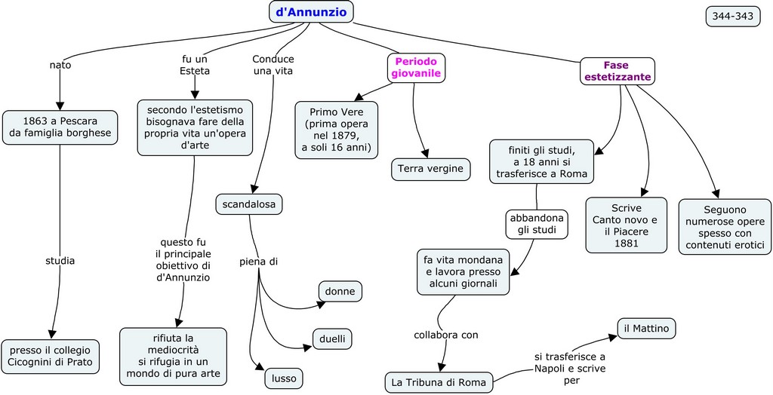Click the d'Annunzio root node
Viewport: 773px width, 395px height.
click(x=311, y=11)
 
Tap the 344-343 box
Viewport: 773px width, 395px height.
click(x=733, y=17)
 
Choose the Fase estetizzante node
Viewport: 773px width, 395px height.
click(x=617, y=71)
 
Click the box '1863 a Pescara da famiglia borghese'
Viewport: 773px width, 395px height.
click(x=60, y=127)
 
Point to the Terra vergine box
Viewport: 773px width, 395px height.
click(x=430, y=169)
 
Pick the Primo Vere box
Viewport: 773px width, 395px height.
click(x=337, y=130)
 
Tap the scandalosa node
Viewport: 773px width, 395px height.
click(x=248, y=204)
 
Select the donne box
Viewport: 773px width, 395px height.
click(x=340, y=291)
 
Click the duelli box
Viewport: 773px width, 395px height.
click(x=332, y=339)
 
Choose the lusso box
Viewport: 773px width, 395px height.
click(x=284, y=378)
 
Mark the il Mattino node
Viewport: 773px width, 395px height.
click(x=647, y=328)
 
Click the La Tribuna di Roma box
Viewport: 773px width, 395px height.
click(x=439, y=382)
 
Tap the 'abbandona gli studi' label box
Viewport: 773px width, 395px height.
click(x=537, y=223)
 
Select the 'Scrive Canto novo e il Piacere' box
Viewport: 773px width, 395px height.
click(x=627, y=225)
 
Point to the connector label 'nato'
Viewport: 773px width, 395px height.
click(x=60, y=65)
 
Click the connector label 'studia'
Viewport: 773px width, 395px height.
click(x=60, y=261)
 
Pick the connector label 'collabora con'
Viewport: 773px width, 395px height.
click(x=446, y=335)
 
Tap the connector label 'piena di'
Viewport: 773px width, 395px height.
click(x=259, y=262)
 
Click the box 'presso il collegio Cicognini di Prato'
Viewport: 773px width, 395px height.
click(x=50, y=356)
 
